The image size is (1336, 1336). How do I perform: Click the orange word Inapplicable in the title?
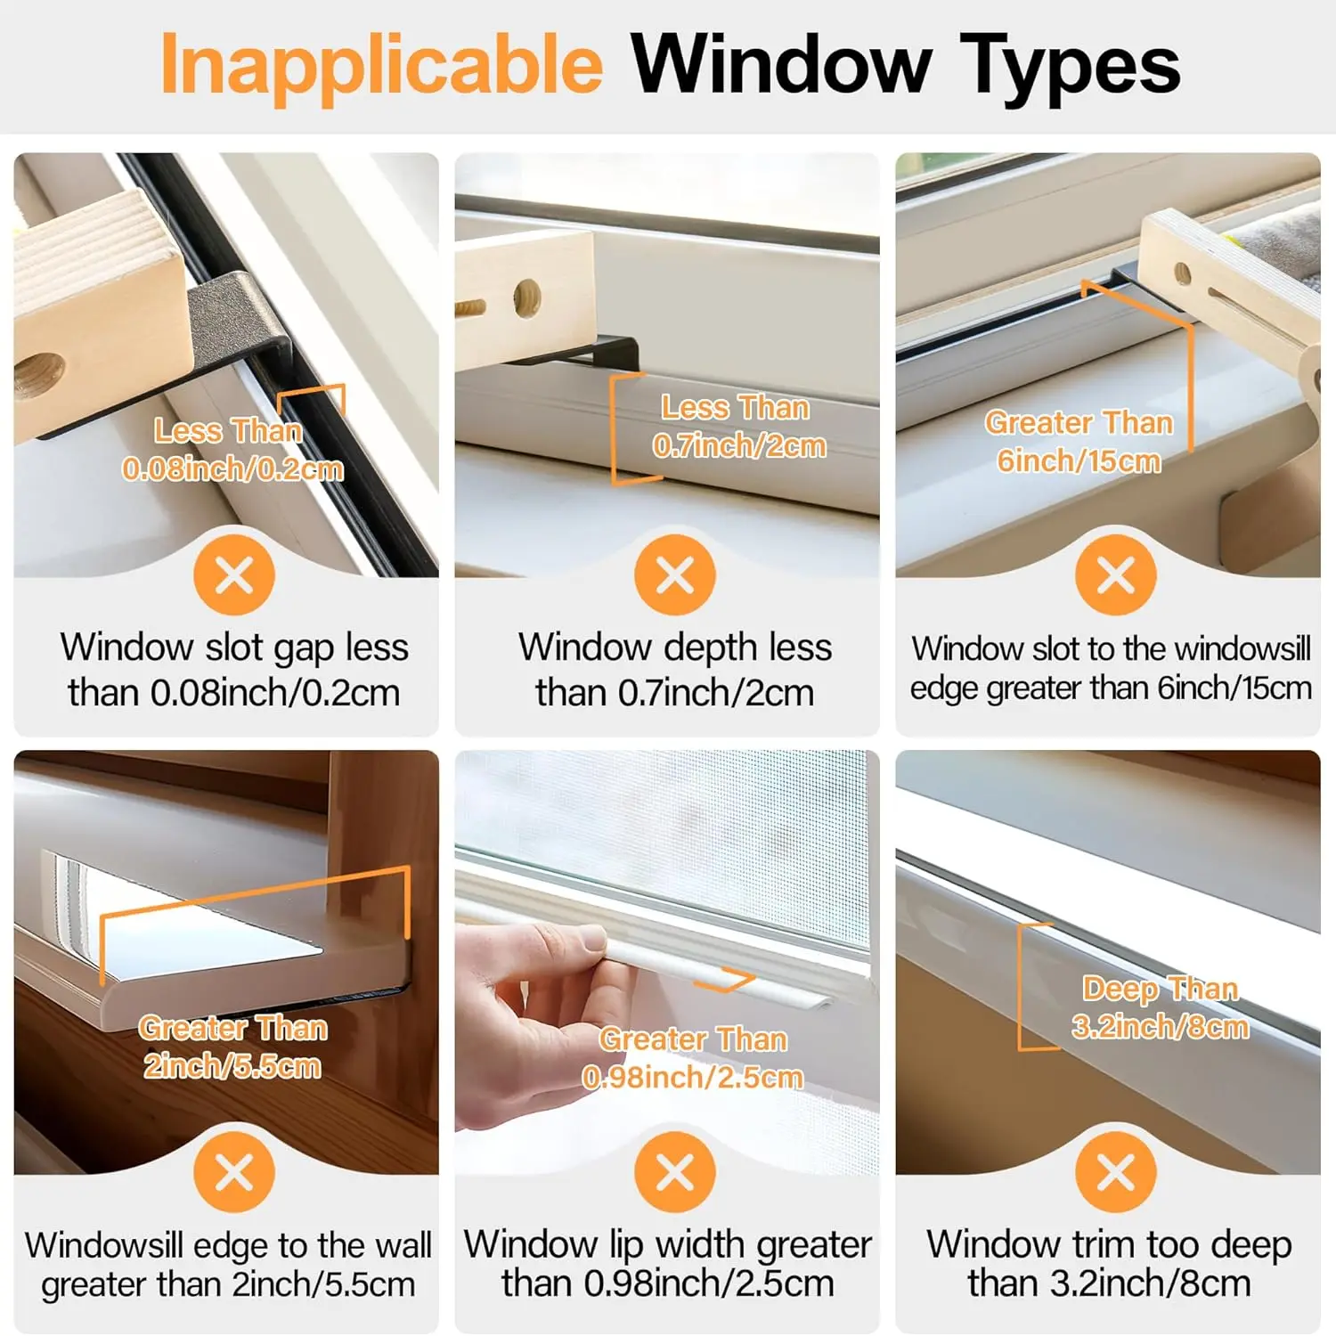(381, 65)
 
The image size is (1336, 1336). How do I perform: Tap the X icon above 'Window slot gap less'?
(234, 574)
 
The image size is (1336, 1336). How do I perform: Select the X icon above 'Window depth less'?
(675, 574)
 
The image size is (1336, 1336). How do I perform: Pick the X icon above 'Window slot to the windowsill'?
(1116, 574)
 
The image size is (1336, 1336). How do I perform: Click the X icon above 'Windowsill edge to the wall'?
(234, 1172)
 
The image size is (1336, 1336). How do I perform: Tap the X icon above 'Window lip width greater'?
(675, 1172)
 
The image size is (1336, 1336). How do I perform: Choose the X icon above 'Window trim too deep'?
(1116, 1172)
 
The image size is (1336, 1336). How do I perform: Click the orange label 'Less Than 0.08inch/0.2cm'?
(232, 450)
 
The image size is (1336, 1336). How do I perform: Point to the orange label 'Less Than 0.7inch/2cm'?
(739, 427)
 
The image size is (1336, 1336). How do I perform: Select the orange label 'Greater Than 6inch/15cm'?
(1079, 441)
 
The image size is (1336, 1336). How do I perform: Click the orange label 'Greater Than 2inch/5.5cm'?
(232, 1047)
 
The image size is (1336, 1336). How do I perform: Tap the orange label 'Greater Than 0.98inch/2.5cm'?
(693, 1057)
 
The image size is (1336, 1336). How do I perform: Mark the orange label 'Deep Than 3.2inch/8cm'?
(1160, 1007)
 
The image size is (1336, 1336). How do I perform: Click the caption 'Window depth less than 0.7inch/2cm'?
(675, 670)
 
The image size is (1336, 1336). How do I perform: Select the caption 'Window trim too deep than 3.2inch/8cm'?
(1109, 1264)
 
